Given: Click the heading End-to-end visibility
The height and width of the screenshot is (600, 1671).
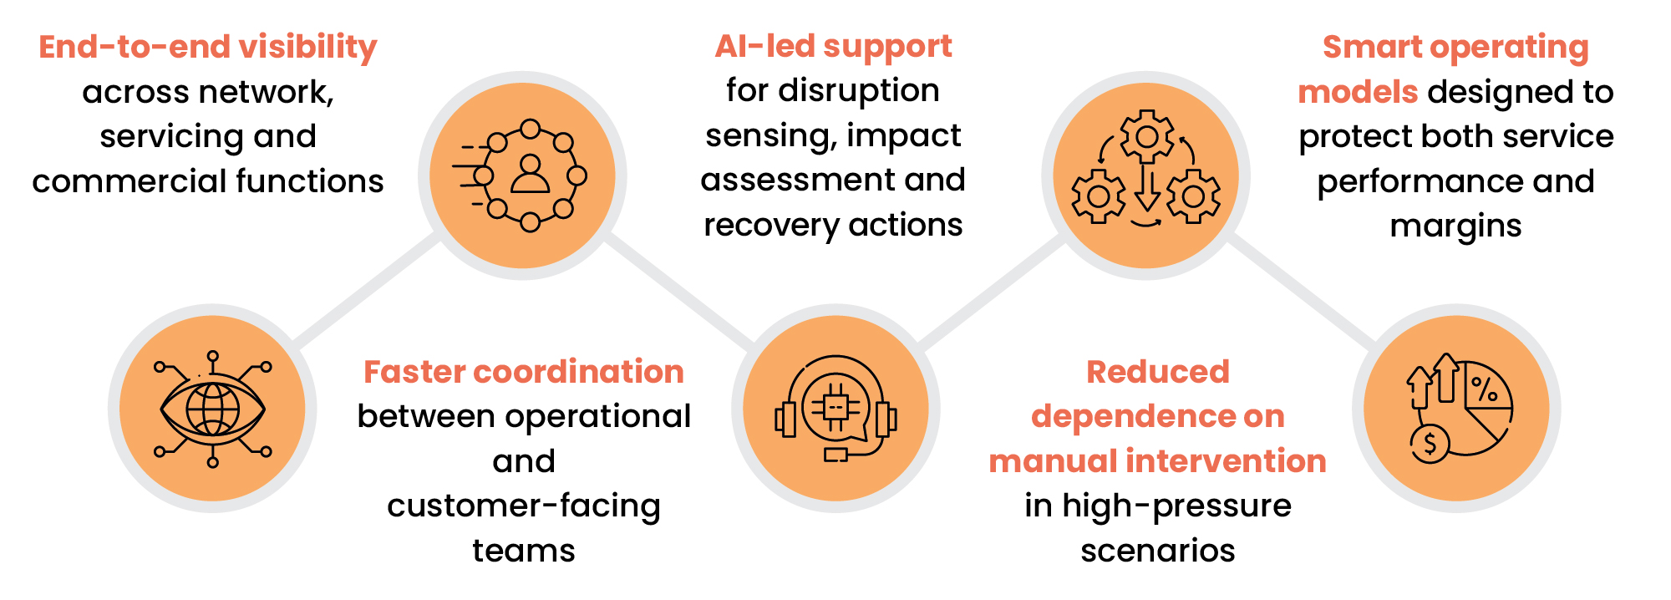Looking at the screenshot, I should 207,47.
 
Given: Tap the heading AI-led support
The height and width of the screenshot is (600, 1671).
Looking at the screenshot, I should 833,47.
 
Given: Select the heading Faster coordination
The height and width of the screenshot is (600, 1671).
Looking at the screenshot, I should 524,372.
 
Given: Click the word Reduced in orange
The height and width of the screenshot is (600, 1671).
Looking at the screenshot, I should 1157,372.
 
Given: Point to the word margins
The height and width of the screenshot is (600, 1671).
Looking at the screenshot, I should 1455,226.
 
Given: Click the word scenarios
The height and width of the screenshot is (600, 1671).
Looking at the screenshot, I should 1157,551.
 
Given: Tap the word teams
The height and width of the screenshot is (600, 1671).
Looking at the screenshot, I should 524,551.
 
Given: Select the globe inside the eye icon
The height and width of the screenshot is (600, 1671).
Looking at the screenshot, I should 212,409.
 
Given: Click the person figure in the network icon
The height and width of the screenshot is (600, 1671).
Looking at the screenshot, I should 530,173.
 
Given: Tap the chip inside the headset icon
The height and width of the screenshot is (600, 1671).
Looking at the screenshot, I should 835,407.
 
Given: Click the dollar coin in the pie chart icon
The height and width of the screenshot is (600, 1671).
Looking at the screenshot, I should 1430,444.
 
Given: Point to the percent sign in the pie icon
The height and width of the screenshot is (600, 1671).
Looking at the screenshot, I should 1484,389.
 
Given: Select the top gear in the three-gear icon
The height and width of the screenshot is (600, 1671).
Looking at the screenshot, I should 1146,136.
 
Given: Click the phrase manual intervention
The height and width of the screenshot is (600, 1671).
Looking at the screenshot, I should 1157,461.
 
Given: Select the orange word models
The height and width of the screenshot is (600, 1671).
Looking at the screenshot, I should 1358,92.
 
